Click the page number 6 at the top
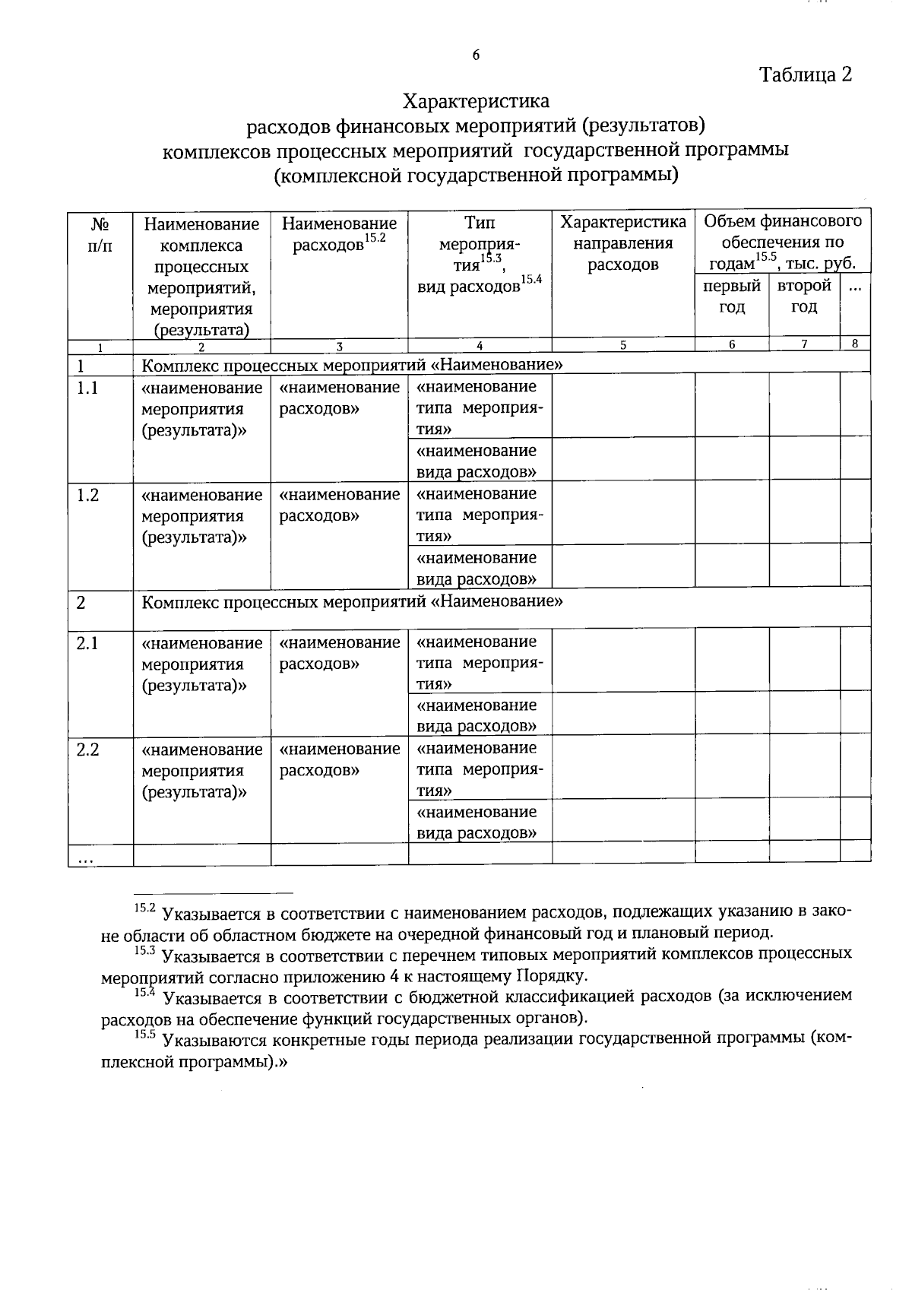(476, 55)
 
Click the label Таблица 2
(806, 74)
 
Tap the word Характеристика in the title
(476, 100)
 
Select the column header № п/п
(100, 235)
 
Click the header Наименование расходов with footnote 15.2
(339, 234)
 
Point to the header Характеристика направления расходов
(623, 243)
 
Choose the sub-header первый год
(732, 296)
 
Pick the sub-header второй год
(804, 296)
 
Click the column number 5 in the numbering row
(623, 344)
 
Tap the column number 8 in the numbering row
(854, 344)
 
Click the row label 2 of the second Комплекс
(81, 603)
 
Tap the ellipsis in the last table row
(85, 859)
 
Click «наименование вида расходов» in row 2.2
(477, 822)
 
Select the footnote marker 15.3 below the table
(144, 950)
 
